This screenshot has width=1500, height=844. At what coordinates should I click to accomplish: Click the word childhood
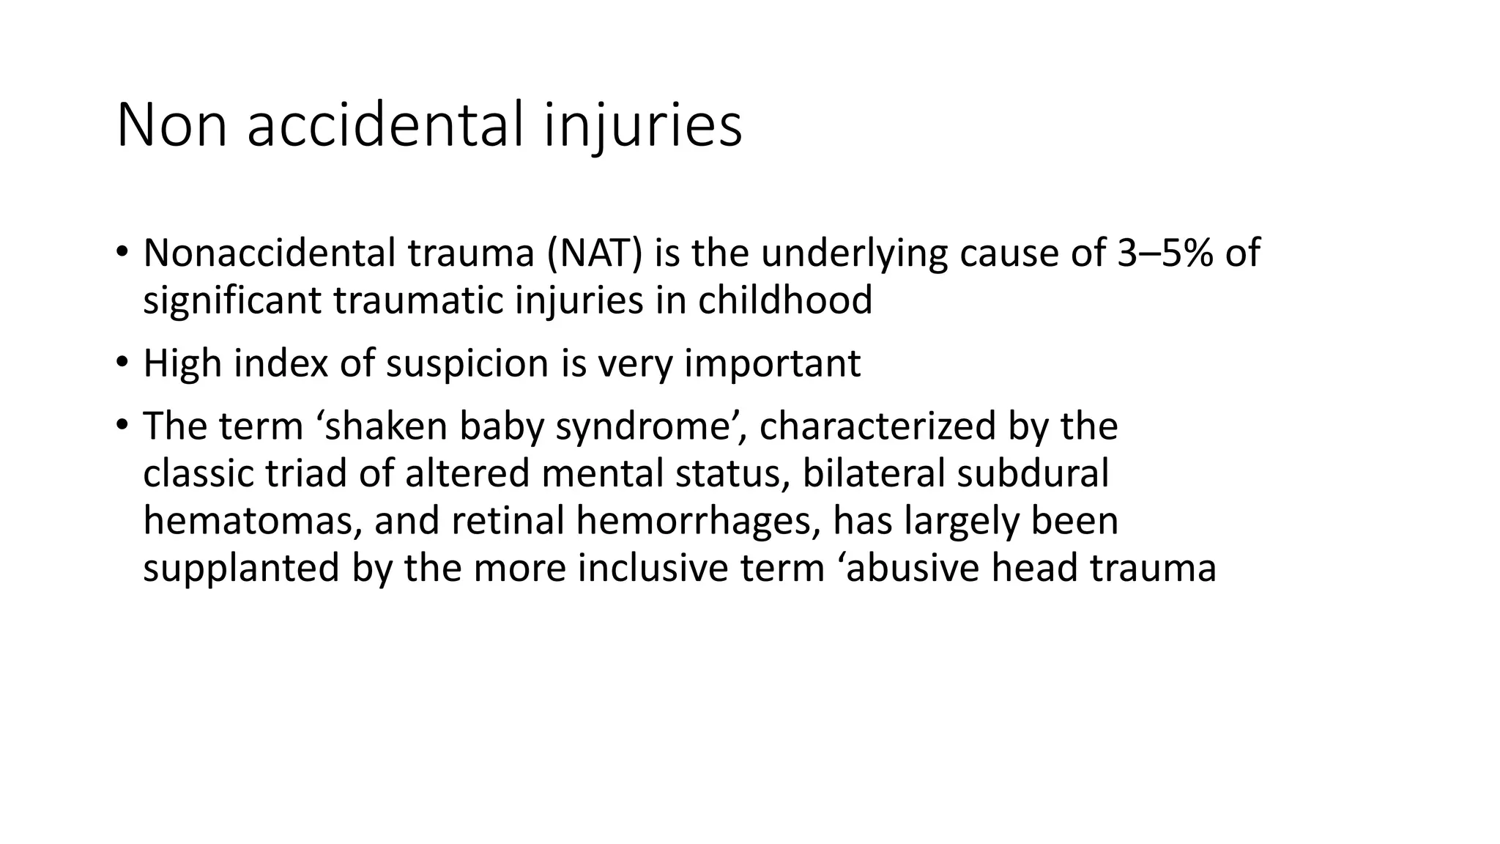[x=784, y=300]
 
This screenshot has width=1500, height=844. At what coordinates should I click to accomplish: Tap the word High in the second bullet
[x=182, y=363]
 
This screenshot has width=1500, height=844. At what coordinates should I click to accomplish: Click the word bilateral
[x=872, y=473]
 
